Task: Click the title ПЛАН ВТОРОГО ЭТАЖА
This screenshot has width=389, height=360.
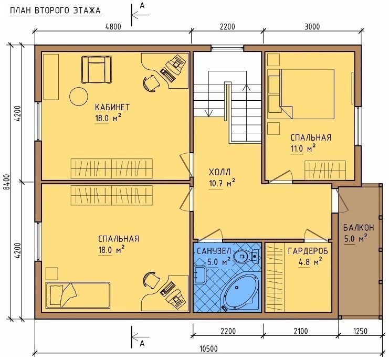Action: pyautogui.click(x=55, y=10)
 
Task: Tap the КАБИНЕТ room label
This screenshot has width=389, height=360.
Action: pyautogui.click(x=112, y=107)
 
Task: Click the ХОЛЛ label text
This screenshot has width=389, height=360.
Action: pyautogui.click(x=220, y=172)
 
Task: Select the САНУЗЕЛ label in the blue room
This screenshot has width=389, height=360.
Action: pyautogui.click(x=214, y=251)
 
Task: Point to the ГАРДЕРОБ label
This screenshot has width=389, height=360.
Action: pyautogui.click(x=308, y=251)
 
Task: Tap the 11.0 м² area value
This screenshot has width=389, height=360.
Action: pyautogui.click(x=303, y=149)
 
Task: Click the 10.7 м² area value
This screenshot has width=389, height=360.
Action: pyautogui.click(x=222, y=183)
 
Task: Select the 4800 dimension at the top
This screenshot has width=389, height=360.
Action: pyautogui.click(x=113, y=27)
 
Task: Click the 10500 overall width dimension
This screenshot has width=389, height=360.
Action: pyautogui.click(x=208, y=348)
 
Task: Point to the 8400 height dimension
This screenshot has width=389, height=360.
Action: pyautogui.click(x=7, y=182)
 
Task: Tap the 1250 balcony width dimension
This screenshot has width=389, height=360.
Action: pyautogui.click(x=360, y=331)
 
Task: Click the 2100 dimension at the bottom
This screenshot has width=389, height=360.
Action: pyautogui.click(x=300, y=331)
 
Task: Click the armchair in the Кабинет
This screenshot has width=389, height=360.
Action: pyautogui.click(x=97, y=70)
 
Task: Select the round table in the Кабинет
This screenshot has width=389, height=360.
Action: pyautogui.click(x=79, y=97)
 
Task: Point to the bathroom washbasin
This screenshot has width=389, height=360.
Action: pyautogui.click(x=200, y=274)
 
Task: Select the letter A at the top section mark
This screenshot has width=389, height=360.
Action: pyautogui.click(x=142, y=5)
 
